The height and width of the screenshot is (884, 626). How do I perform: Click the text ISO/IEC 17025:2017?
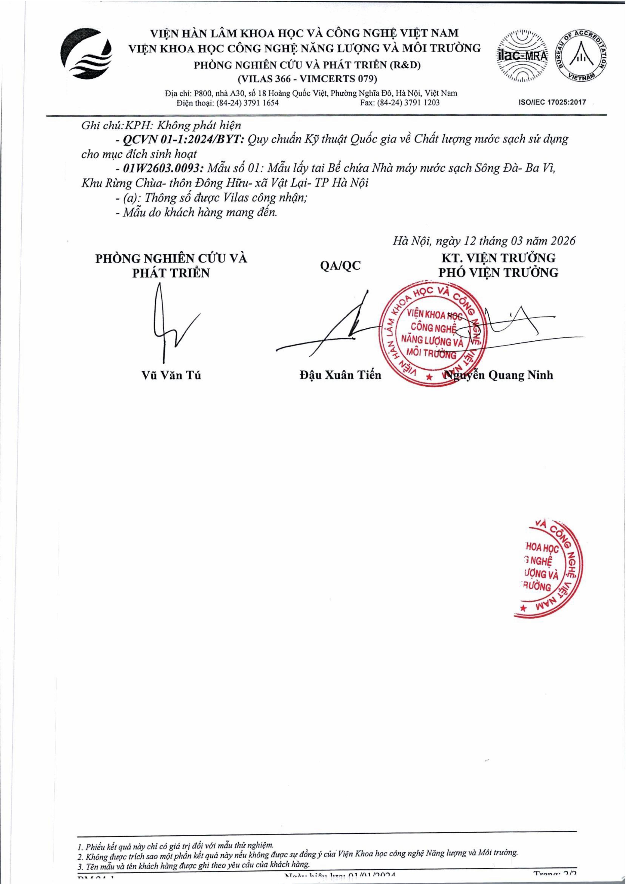[552, 102]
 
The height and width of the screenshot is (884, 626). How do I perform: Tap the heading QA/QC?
[340, 266]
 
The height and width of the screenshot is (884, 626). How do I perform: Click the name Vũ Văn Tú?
[171, 375]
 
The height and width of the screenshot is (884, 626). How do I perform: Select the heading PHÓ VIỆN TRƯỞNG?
[498, 273]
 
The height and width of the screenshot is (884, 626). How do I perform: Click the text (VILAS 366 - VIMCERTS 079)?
[307, 79]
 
